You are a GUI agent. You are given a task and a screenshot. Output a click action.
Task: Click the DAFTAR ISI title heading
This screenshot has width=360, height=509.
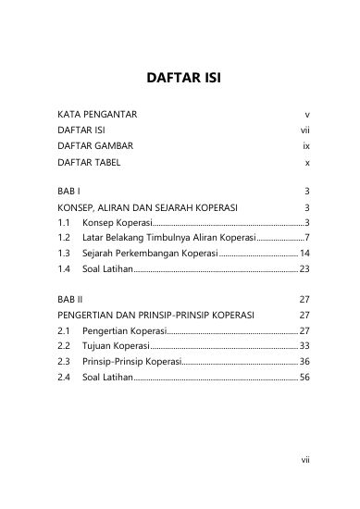coord(180,77)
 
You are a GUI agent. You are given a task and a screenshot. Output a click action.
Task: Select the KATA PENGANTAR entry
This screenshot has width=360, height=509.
coord(97,115)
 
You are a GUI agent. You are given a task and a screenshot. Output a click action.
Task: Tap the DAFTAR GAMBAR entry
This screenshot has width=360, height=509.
coord(95,146)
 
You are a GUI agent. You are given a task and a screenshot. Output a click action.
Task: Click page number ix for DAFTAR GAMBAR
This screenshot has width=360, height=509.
coord(304,146)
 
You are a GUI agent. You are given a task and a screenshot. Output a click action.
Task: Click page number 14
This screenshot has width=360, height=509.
coord(303,253)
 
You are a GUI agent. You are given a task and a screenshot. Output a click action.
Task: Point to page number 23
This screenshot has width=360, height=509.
coord(303,268)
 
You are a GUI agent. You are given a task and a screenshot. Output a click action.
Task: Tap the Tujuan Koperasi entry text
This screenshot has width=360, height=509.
coord(114,345)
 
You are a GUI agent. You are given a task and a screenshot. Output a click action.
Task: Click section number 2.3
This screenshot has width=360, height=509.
coord(65,361)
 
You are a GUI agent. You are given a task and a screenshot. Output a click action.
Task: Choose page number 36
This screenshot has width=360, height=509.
coord(303,361)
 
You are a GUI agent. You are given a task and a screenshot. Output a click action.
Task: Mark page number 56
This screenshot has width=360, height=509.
coord(303,377)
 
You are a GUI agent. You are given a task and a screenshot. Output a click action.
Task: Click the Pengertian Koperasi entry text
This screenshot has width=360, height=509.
coord(123,330)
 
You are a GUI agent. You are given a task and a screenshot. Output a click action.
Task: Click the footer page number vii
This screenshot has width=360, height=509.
coord(303,482)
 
